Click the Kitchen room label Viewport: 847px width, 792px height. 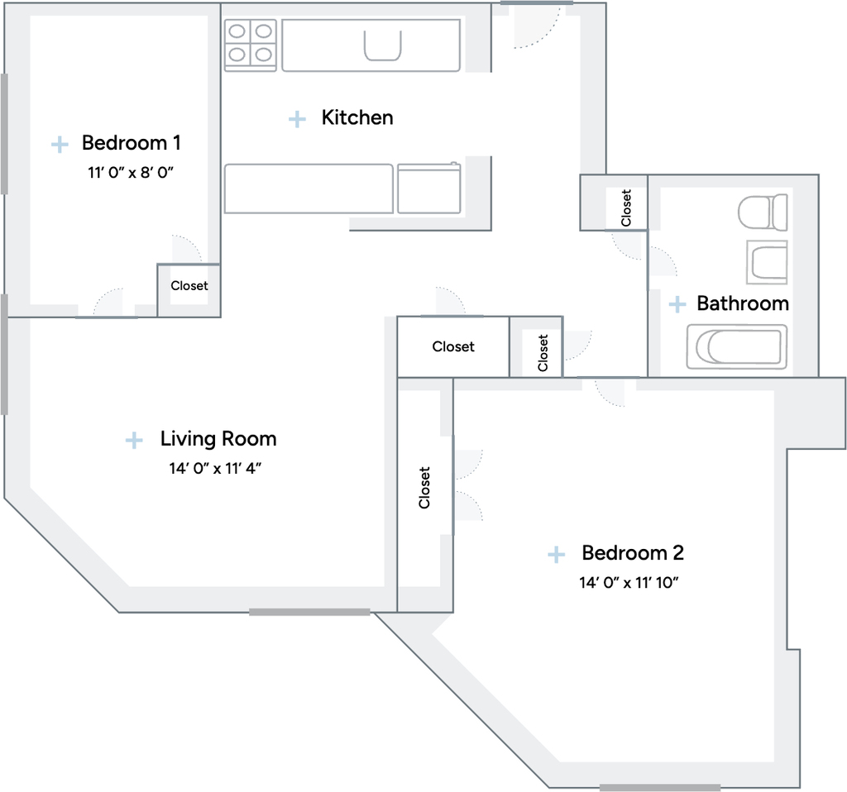pos(357,117)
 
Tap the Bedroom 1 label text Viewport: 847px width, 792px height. pos(131,142)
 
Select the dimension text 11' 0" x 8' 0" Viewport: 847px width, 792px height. pos(131,172)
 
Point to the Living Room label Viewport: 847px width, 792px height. pos(218,438)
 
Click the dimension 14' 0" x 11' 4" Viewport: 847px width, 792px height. pos(215,468)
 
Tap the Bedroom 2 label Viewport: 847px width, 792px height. pos(633,552)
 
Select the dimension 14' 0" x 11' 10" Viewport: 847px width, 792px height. pos(629,583)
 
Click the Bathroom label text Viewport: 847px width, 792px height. pos(743,303)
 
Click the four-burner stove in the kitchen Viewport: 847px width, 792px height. pos(250,45)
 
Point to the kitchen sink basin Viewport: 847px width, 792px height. pos(382,45)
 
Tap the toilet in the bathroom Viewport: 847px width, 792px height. pos(763,212)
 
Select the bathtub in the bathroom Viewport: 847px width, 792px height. pos(737,346)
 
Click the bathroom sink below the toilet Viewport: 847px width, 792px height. pos(767,262)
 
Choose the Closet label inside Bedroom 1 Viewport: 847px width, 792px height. pos(189,285)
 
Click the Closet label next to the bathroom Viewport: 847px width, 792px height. pos(626,208)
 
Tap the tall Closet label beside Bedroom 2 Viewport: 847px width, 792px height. pos(424,488)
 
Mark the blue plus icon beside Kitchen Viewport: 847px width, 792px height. pos(297,119)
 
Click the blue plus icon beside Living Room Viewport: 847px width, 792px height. pos(134,440)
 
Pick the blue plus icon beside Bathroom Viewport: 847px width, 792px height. pos(677,304)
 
